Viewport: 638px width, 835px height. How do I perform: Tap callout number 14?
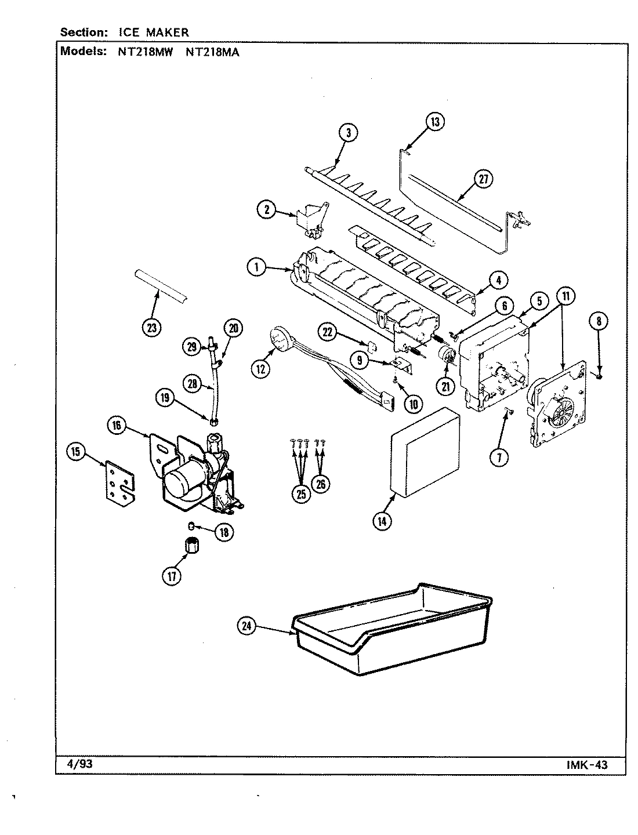[x=382, y=521]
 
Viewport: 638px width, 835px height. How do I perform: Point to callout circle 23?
[x=151, y=328]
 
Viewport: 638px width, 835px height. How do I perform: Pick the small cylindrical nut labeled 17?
[x=190, y=546]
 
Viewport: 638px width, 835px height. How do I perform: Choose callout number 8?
[x=599, y=320]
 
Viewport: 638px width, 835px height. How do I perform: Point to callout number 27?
[x=483, y=180]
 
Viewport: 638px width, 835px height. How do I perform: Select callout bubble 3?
[x=347, y=133]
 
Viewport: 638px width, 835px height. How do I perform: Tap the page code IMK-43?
[x=586, y=764]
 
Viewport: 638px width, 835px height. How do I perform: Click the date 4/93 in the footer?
[x=76, y=764]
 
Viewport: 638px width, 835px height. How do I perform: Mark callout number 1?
[x=256, y=267]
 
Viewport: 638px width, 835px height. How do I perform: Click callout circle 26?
[x=320, y=483]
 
